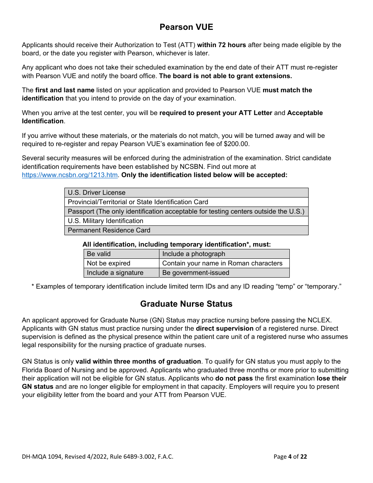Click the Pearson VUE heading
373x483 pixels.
click(186, 27)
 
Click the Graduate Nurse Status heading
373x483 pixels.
click(186, 304)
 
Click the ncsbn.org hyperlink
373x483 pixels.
click(70, 175)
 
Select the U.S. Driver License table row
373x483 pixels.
click(186, 193)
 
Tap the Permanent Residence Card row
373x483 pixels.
click(186, 231)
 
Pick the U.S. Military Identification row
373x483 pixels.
click(186, 221)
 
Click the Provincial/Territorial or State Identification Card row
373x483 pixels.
click(186, 202)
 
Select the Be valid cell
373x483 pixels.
click(121, 254)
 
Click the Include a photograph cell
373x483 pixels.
click(224, 254)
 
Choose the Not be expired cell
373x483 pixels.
click(121, 263)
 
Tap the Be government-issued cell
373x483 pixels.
click(224, 273)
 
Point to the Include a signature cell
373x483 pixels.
click(121, 273)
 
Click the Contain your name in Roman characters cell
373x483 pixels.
click(224, 263)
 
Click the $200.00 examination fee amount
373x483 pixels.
click(236, 144)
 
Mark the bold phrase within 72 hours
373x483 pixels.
click(221, 45)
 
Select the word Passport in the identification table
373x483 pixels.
click(81, 212)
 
